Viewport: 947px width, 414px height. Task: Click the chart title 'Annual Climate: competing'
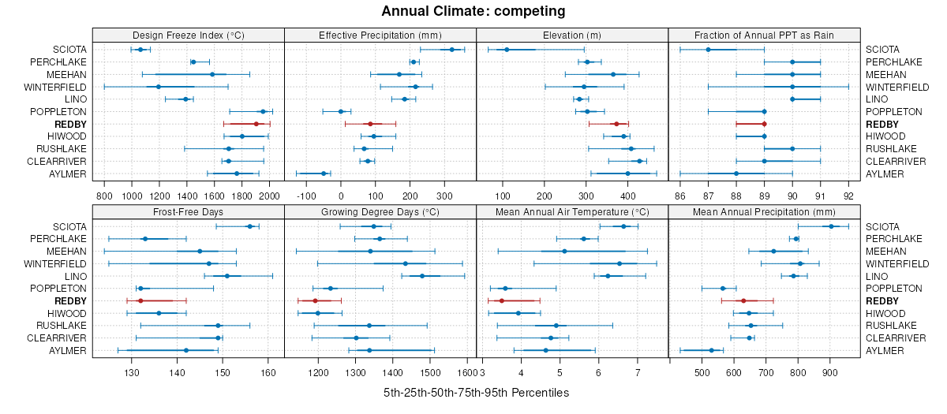coord(473,11)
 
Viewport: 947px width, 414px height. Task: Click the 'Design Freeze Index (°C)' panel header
coord(188,35)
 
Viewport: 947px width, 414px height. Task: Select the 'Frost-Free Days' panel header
coord(188,211)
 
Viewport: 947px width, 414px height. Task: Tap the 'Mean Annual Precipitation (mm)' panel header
coord(764,211)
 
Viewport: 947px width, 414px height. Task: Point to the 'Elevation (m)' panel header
coord(572,35)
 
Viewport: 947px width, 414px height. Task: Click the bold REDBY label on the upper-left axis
coord(70,124)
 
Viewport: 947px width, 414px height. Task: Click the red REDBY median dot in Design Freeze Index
coord(256,124)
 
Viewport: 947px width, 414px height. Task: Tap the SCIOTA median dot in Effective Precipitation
coord(451,50)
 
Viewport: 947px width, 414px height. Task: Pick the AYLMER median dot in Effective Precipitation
coord(324,173)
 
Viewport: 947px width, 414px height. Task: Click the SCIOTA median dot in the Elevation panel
coord(507,50)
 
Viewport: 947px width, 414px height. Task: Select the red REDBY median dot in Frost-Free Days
coord(140,300)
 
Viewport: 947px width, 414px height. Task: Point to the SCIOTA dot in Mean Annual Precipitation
coord(831,226)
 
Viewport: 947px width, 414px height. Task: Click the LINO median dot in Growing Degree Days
coord(422,276)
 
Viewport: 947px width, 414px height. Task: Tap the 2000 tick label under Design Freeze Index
coord(269,196)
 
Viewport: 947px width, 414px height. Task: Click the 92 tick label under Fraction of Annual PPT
coord(848,196)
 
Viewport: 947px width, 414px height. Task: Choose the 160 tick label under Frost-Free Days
coord(268,372)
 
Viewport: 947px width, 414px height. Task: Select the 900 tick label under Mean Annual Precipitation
coord(829,372)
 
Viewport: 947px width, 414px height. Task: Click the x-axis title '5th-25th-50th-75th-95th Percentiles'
coord(476,393)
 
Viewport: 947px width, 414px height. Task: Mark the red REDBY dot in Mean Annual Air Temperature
coord(501,300)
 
